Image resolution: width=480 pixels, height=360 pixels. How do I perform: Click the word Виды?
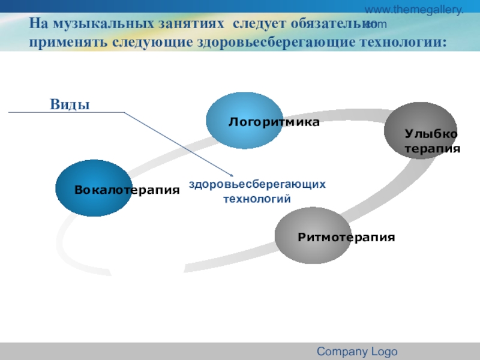(70, 104)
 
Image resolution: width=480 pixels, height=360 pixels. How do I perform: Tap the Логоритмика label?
(274, 122)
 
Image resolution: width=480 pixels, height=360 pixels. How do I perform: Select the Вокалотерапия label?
(127, 190)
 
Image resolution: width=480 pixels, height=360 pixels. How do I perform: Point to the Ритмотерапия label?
(346, 237)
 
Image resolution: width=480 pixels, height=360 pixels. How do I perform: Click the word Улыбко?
(431, 134)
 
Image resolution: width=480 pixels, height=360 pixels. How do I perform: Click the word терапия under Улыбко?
(432, 148)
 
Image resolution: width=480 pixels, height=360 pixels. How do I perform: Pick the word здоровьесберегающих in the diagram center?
(257, 184)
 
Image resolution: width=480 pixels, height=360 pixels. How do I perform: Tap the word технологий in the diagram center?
(257, 198)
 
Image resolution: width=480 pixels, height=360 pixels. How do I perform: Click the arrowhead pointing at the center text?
(230, 175)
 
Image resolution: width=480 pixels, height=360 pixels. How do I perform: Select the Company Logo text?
(357, 352)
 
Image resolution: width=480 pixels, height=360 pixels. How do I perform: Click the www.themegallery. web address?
(415, 10)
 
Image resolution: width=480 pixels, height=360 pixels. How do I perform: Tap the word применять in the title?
(59, 43)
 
